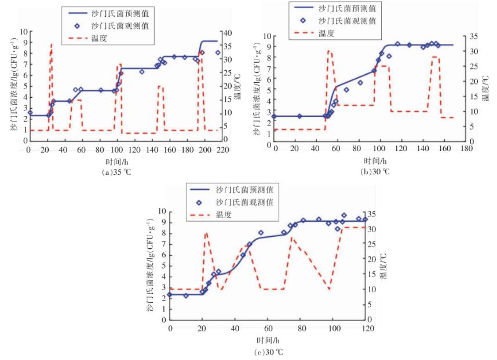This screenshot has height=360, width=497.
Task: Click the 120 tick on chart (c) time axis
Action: click(366, 329)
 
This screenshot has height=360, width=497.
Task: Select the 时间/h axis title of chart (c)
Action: click(268, 340)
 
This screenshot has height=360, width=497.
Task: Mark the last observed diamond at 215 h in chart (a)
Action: click(218, 53)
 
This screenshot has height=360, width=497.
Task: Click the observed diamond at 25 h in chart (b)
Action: click(299, 116)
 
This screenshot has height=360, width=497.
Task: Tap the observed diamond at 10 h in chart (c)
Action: click(186, 295)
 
